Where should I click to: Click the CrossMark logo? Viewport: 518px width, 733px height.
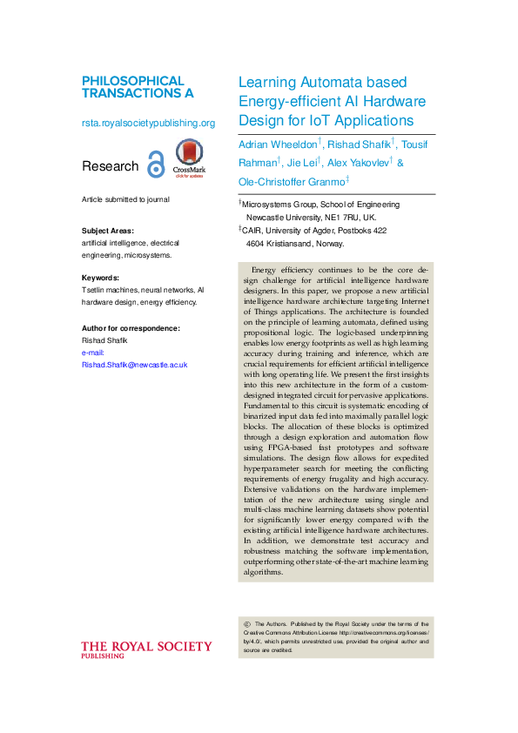click(x=191, y=157)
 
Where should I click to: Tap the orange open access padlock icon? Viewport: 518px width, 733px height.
click(x=156, y=165)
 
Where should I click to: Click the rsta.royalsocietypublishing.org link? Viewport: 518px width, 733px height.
click(x=148, y=123)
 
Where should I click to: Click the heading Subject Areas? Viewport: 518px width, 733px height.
click(x=108, y=232)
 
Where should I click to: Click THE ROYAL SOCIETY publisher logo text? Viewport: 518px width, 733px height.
click(x=146, y=646)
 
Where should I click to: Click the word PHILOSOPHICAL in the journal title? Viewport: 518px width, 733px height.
click(x=133, y=80)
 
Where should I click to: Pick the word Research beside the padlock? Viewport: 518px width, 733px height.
click(x=110, y=166)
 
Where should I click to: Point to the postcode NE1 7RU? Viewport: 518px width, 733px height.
click(x=342, y=217)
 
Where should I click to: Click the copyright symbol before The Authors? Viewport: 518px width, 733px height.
click(x=247, y=624)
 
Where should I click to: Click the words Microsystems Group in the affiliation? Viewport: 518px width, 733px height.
click(x=277, y=205)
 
